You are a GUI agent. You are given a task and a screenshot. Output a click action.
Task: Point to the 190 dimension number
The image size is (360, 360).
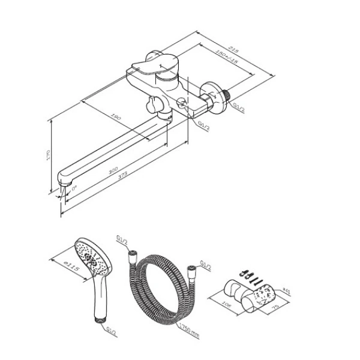[116, 118]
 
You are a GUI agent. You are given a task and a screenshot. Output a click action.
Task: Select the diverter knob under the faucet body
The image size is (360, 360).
[151, 107]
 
